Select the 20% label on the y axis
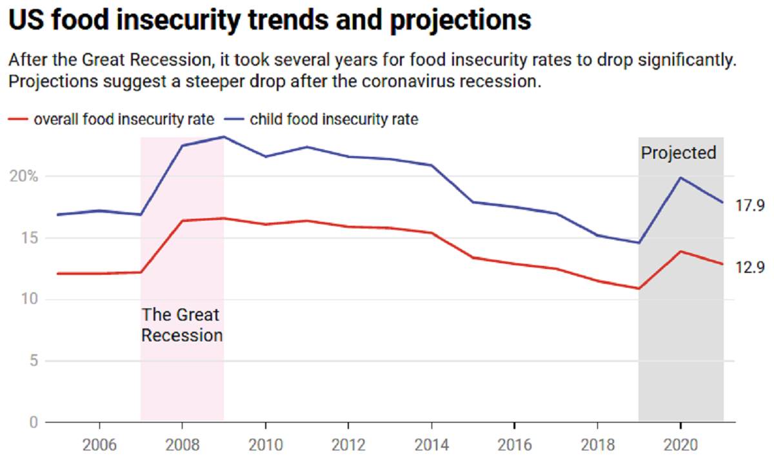coord(26,177)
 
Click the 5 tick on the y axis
coord(32,361)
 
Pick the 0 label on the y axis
coord(32,423)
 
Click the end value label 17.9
coord(750,206)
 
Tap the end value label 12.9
coord(750,266)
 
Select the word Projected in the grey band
coord(679,153)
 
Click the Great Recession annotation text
coord(182,325)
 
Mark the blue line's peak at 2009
coord(224,137)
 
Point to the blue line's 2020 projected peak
coord(680,177)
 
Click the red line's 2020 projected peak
coord(680,252)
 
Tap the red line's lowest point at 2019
coord(639,288)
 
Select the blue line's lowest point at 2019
coord(639,243)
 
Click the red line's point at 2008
coord(183,221)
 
